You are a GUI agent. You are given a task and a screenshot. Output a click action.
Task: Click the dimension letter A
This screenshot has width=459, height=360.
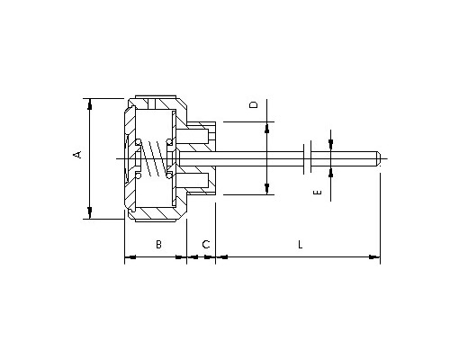click(x=77, y=155)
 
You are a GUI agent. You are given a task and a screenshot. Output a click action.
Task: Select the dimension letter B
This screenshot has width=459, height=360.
click(x=158, y=244)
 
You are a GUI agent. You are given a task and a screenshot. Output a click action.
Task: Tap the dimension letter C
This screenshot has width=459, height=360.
click(x=206, y=245)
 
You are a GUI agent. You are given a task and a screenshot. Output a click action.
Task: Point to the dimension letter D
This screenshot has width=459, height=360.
click(x=254, y=104)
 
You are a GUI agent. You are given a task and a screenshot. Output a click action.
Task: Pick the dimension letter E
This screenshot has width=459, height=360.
click(x=318, y=192)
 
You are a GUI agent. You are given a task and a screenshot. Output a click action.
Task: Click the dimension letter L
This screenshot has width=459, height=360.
click(x=301, y=245)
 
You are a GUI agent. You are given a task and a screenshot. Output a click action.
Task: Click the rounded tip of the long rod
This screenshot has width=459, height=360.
click(x=379, y=158)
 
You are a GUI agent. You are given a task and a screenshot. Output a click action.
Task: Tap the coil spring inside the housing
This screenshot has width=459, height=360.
click(x=154, y=158)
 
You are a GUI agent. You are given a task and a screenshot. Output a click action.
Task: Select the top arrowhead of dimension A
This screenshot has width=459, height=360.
click(x=89, y=104)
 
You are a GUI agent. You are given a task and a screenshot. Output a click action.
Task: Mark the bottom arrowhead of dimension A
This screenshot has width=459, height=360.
click(x=89, y=212)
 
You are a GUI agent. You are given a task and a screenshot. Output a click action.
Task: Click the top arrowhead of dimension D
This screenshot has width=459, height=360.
click(x=266, y=128)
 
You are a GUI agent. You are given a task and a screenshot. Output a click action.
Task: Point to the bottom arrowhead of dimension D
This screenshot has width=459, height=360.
click(x=266, y=189)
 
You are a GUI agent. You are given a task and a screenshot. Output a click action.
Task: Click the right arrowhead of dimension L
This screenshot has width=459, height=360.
click(x=374, y=256)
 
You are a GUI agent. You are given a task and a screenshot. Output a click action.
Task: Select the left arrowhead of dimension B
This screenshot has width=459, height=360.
click(x=130, y=256)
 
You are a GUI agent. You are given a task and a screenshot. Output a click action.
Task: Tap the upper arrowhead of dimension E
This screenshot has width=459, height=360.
click(x=330, y=145)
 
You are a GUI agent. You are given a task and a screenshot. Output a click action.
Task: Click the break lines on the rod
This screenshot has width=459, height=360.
click(x=307, y=158)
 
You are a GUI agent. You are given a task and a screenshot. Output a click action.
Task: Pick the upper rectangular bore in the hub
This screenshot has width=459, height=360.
click(x=193, y=137)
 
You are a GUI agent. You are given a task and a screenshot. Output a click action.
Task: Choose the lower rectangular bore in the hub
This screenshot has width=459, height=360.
click(x=193, y=180)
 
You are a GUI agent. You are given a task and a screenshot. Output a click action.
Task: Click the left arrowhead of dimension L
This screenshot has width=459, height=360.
click(x=222, y=256)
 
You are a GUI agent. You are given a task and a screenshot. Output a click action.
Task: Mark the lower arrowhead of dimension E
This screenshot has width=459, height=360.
click(x=330, y=173)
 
